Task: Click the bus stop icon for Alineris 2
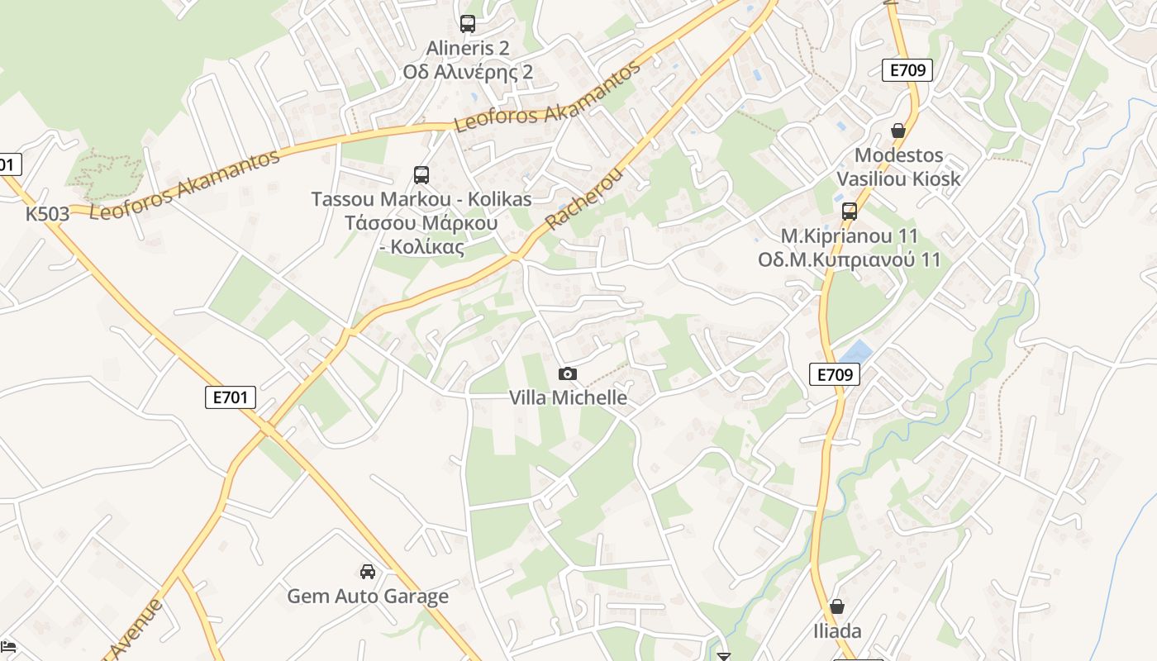(x=468, y=24)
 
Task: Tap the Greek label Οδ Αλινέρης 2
(x=468, y=72)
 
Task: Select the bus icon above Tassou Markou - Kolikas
(x=421, y=175)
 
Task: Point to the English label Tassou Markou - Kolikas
(x=421, y=199)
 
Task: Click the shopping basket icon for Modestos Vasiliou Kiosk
(x=898, y=131)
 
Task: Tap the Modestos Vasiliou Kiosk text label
(x=898, y=167)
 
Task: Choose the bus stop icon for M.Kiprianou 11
(x=850, y=212)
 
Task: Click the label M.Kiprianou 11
(x=850, y=236)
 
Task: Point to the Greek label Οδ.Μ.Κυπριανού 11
(x=850, y=259)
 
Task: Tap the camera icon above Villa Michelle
(x=568, y=373)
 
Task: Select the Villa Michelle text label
(x=568, y=397)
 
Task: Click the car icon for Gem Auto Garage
(x=368, y=572)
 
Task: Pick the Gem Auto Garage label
(x=368, y=596)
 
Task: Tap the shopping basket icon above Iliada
(x=837, y=607)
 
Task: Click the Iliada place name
(x=837, y=631)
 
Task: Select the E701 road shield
(x=231, y=397)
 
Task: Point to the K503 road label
(x=47, y=214)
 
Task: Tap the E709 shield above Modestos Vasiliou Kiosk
(x=907, y=70)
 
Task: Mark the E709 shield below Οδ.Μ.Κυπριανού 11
(x=835, y=374)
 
